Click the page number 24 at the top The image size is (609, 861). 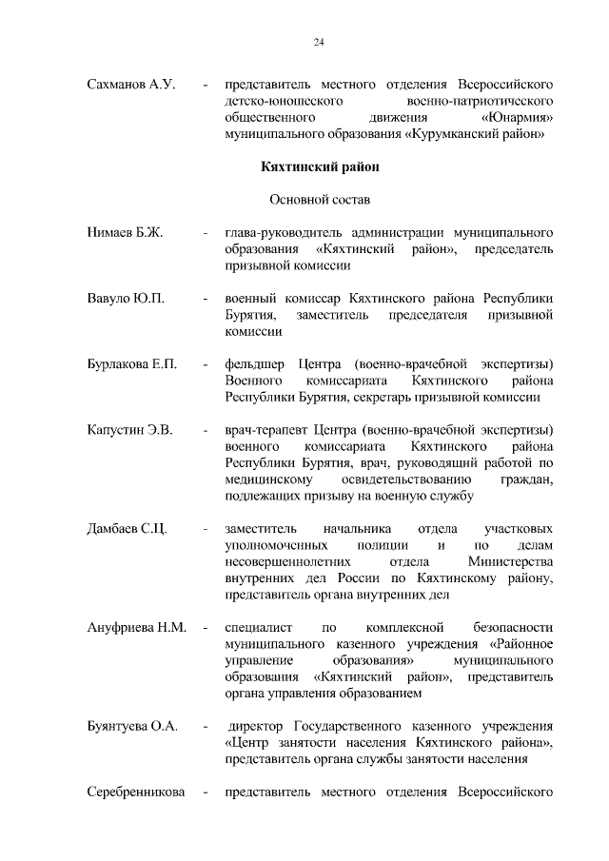point(319,42)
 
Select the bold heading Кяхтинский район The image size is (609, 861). point(320,167)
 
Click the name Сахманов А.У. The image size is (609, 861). point(131,86)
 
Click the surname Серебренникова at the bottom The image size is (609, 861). point(136,792)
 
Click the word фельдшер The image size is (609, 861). point(252,364)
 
